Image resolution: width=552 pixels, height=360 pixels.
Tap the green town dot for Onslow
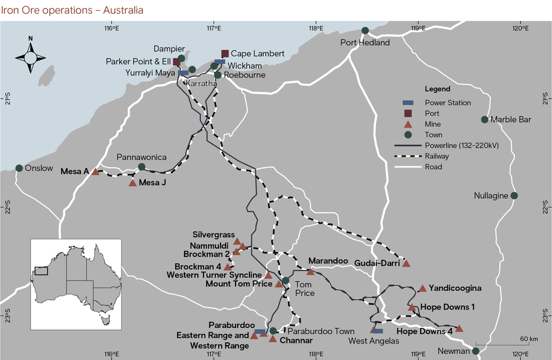click(19, 168)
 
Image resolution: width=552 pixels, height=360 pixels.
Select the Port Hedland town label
click(365, 43)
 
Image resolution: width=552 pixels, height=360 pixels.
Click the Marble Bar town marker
click(485, 120)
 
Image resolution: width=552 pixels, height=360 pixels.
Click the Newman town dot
click(476, 351)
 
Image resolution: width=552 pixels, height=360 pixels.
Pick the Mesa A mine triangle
click(95, 172)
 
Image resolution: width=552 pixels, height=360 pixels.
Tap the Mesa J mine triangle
click(132, 183)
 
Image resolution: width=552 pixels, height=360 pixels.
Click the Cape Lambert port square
click(225, 54)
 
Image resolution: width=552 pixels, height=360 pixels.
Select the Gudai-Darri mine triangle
click(406, 264)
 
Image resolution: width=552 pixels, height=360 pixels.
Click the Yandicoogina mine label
click(455, 288)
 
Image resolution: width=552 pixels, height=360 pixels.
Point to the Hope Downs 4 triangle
click(459, 328)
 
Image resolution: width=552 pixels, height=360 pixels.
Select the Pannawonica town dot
click(141, 167)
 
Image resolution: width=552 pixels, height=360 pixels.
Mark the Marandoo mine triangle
click(310, 271)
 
